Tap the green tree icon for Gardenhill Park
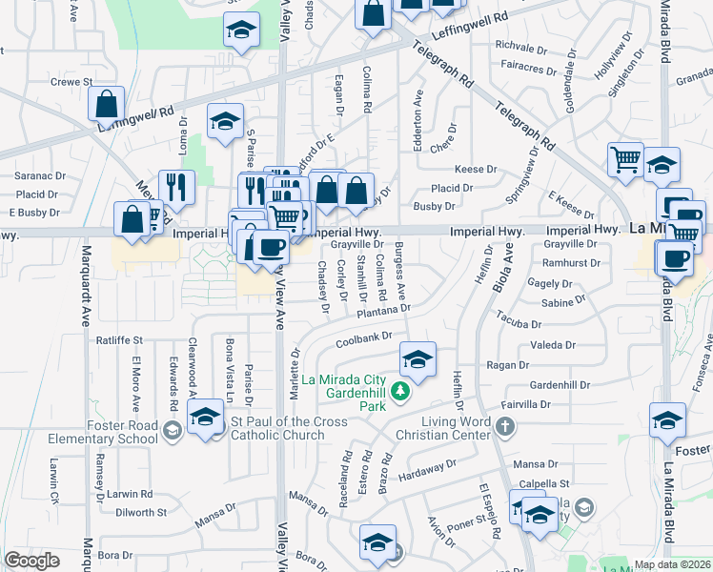[x=402, y=391]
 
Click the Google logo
[x=32, y=561]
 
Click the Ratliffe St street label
[x=119, y=339]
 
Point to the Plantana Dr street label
[x=383, y=309]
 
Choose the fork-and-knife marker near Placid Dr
[x=176, y=185]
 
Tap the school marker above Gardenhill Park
[x=417, y=358]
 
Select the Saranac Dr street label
[x=38, y=176]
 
